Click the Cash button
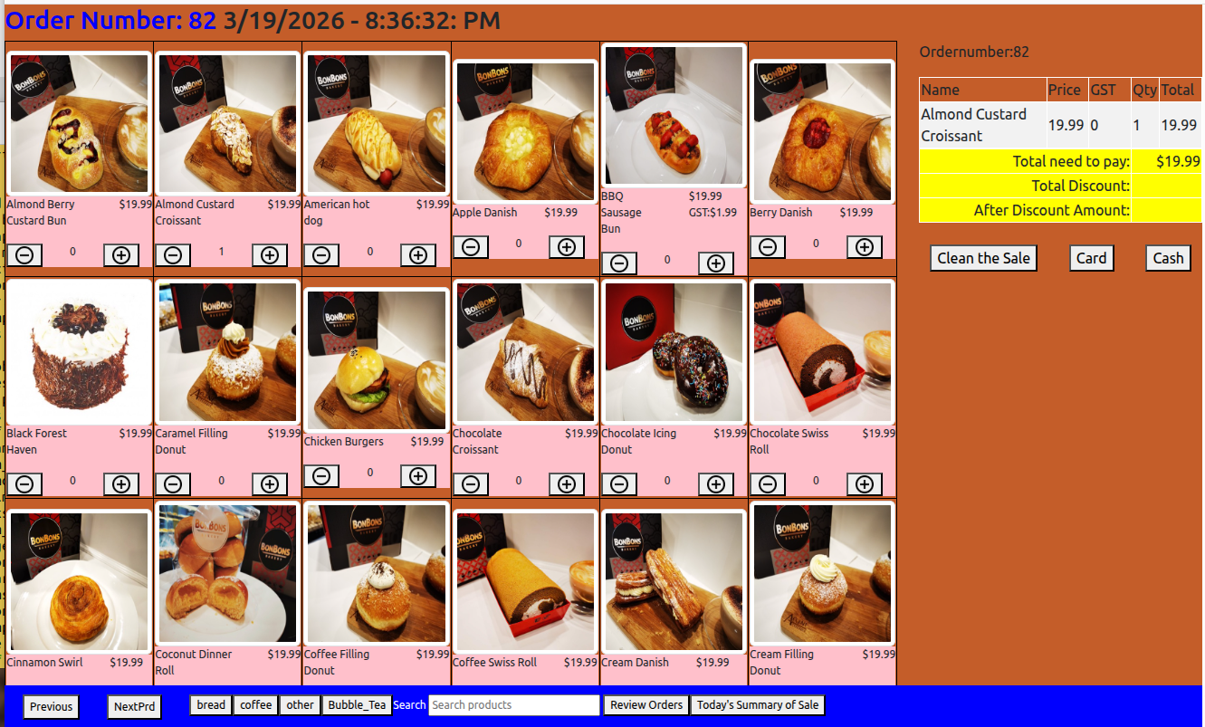click(1168, 258)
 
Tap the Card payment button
click(1091, 258)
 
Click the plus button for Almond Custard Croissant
click(270, 255)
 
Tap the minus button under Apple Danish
click(471, 247)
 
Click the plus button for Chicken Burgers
click(418, 476)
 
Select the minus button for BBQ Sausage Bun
click(619, 263)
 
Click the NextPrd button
click(134, 706)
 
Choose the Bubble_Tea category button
click(357, 705)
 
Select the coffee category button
click(255, 705)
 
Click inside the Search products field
click(513, 705)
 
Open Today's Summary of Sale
click(758, 705)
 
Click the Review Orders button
click(646, 705)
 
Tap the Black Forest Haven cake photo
click(79, 352)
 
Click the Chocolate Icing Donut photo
click(674, 352)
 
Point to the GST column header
click(1103, 90)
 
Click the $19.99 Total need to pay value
click(1178, 161)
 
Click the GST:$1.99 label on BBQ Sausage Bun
click(712, 213)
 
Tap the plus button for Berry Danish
click(865, 247)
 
